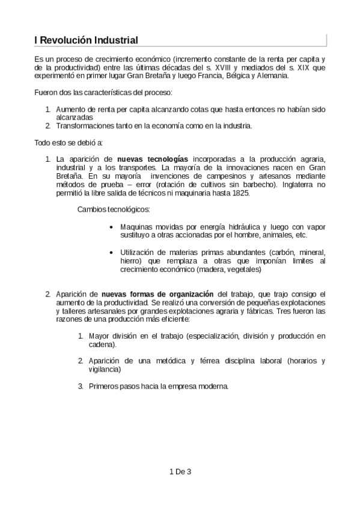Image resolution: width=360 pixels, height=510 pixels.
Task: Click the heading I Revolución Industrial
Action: pos(87,41)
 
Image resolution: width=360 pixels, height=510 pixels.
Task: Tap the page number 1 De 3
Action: pos(180,472)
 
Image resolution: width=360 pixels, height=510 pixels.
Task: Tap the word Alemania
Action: pos(273,76)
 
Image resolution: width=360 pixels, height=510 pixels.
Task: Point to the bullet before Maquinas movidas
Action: pos(113,227)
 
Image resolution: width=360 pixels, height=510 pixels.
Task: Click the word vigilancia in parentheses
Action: pos(103,369)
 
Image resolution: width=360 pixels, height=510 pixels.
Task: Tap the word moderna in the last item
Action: pos(210,386)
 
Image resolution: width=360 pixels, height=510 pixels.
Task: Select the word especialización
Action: pos(218,336)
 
